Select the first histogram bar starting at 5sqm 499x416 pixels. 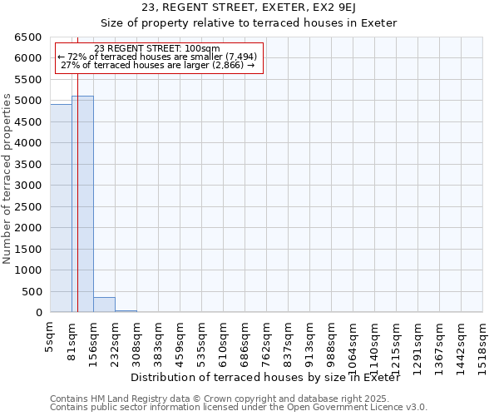(x=61, y=208)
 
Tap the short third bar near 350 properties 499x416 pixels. (x=104, y=305)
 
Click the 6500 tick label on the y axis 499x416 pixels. (x=27, y=37)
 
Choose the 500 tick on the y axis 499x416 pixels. (x=31, y=291)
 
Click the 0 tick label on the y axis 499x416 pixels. (x=39, y=313)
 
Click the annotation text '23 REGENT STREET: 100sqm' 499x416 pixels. (x=157, y=48)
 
